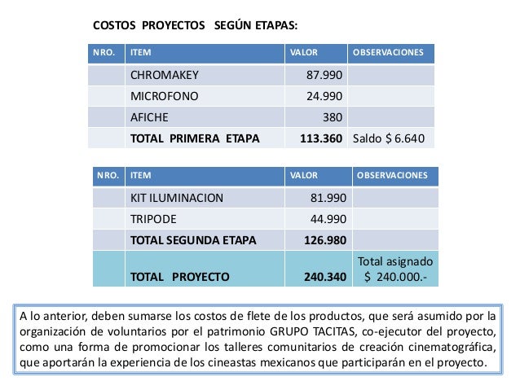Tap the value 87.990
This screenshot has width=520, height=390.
(324, 77)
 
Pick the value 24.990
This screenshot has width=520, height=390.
(324, 97)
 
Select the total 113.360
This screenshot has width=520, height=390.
(321, 138)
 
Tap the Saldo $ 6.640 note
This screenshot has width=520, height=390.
(388, 138)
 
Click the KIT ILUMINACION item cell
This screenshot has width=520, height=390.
(176, 198)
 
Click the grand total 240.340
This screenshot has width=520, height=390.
(324, 276)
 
